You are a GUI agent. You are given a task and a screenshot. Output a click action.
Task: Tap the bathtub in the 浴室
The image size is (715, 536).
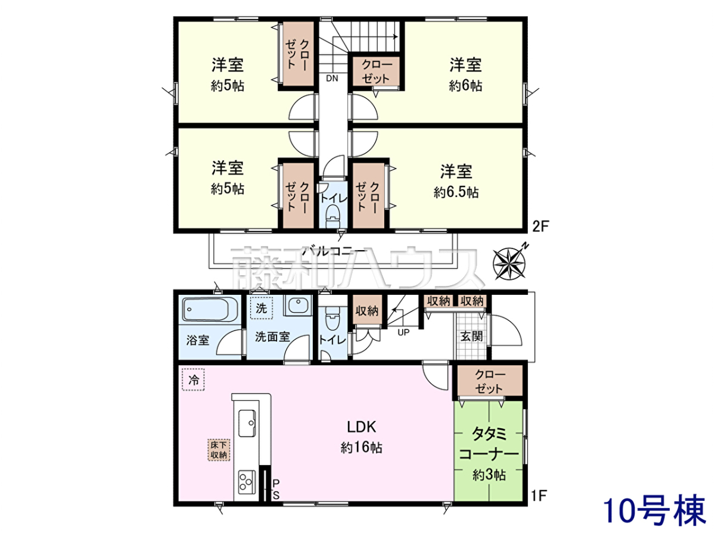(210, 309)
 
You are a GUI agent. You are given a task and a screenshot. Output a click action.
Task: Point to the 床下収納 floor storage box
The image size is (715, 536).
(219, 450)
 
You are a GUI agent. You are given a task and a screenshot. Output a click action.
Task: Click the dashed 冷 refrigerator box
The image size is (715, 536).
(193, 379)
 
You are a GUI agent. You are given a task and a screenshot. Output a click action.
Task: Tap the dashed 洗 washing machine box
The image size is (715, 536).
(261, 308)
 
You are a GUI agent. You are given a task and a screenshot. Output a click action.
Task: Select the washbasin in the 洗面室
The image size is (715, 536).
(298, 306)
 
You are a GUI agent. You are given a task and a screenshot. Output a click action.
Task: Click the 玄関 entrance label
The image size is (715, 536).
(471, 336)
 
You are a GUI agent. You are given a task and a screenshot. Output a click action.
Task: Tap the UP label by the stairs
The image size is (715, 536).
(403, 332)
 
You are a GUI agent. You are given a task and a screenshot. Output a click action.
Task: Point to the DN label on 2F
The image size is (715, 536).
(332, 78)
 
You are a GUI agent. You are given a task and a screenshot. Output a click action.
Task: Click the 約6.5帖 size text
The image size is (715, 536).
(456, 192)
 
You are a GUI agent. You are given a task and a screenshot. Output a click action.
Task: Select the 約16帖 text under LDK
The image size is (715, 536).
(362, 448)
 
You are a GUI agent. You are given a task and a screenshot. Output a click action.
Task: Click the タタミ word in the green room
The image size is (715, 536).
(489, 434)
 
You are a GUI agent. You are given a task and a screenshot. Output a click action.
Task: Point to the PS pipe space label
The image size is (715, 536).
(276, 489)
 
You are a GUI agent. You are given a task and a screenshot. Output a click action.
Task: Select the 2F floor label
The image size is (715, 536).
(541, 226)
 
